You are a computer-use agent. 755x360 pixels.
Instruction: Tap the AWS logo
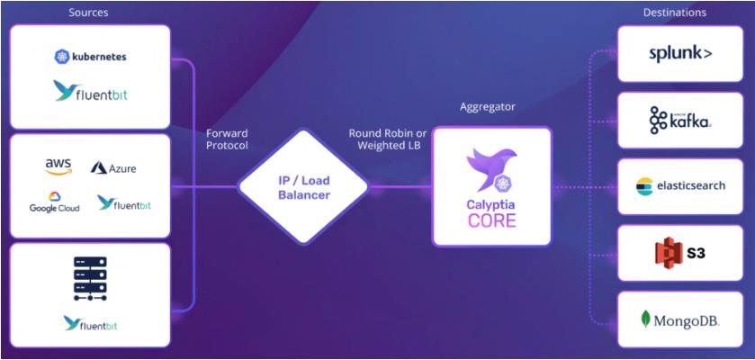(58, 166)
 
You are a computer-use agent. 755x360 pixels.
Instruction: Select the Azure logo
(113, 168)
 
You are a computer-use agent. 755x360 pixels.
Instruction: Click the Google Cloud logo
(54, 202)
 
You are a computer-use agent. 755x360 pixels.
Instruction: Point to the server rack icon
(89, 279)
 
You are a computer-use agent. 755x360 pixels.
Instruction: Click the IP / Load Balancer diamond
(303, 188)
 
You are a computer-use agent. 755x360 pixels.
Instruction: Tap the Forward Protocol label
(226, 139)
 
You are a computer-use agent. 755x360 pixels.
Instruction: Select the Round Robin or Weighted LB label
(388, 139)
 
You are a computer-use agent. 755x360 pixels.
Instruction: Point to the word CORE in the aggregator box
(491, 220)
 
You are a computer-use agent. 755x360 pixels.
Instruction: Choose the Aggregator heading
(491, 107)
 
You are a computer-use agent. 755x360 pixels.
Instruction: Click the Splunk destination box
(680, 54)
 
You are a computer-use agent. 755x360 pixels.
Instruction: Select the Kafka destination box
(680, 120)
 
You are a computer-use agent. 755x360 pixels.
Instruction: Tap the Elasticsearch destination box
(680, 186)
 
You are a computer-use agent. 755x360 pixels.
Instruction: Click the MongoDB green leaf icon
(646, 319)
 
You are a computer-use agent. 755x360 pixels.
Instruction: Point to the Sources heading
(88, 13)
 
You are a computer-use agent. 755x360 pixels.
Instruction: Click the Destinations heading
(674, 13)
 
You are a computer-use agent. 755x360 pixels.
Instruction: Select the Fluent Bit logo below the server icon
(90, 323)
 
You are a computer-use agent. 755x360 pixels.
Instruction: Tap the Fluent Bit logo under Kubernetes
(90, 91)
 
